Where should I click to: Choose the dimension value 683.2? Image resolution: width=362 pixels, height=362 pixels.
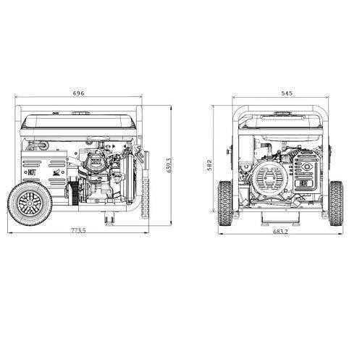click(281, 231)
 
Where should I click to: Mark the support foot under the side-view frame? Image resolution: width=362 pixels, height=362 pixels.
click(110, 216)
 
